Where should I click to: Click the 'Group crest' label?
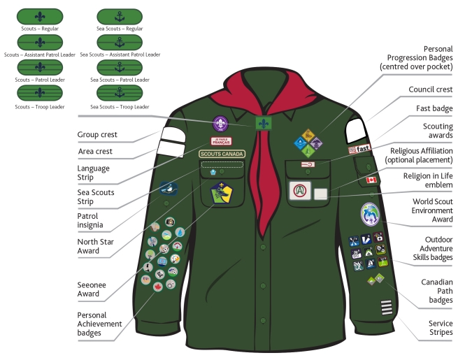point(96,134)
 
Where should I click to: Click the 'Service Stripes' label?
point(441,328)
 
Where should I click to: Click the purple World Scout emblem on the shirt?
point(220,123)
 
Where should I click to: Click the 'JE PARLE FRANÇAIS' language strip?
point(222,141)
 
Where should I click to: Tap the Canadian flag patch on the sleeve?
point(371,180)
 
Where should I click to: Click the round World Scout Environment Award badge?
point(371,214)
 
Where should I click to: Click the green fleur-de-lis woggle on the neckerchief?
point(263,124)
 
